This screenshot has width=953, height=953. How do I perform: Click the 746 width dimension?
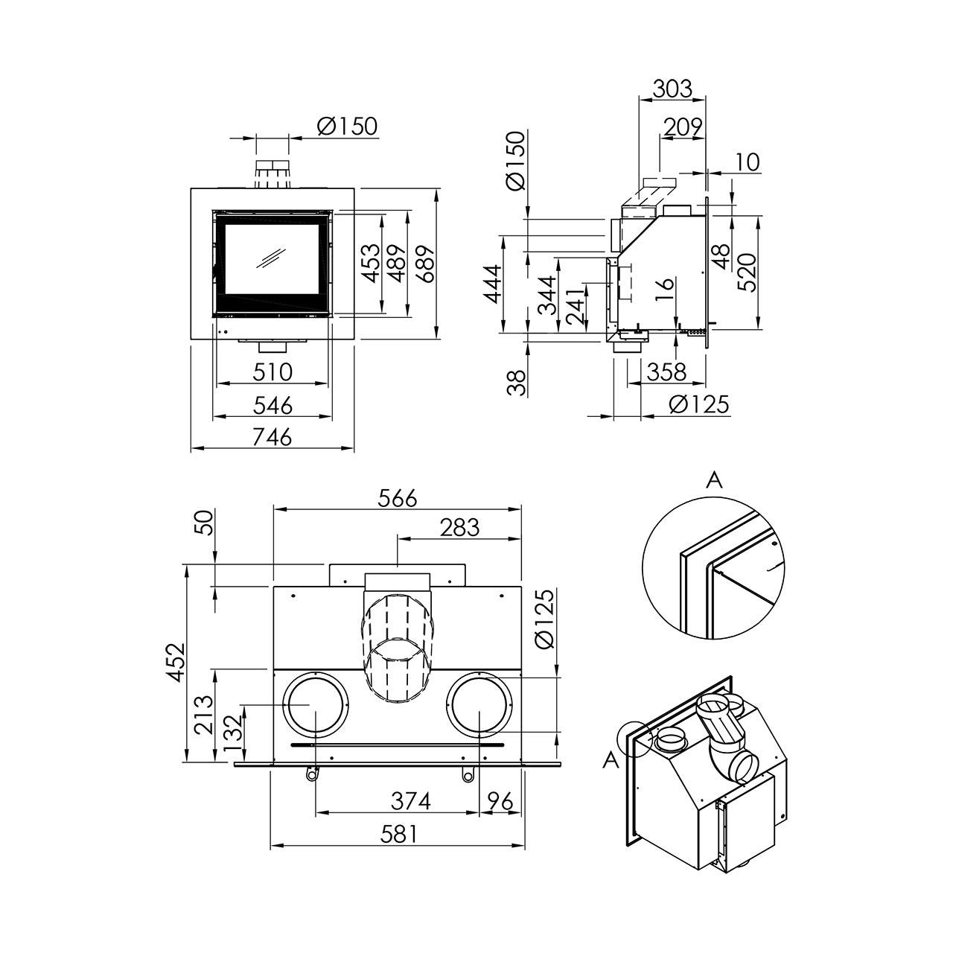pyautogui.click(x=272, y=438)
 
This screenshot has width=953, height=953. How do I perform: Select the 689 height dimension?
pyautogui.click(x=425, y=264)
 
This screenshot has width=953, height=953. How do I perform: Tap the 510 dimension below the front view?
pyautogui.click(x=272, y=372)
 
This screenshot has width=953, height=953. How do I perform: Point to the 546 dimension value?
pyautogui.click(x=273, y=406)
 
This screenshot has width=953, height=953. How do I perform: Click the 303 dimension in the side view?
pyautogui.click(x=672, y=89)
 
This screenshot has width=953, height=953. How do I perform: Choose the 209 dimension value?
pyautogui.click(x=683, y=127)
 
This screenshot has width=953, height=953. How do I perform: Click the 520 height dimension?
pyautogui.click(x=747, y=272)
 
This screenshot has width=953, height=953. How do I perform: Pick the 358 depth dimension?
pyautogui.click(x=666, y=372)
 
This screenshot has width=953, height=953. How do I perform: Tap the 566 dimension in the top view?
pyautogui.click(x=398, y=499)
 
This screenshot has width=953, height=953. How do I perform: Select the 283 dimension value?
pyautogui.click(x=459, y=528)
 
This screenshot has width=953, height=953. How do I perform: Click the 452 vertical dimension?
pyautogui.click(x=176, y=662)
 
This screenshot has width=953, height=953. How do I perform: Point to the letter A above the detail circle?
pyautogui.click(x=715, y=481)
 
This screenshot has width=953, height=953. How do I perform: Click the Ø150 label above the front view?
pyautogui.click(x=347, y=127)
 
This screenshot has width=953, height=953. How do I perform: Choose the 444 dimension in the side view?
pyautogui.click(x=493, y=284)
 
